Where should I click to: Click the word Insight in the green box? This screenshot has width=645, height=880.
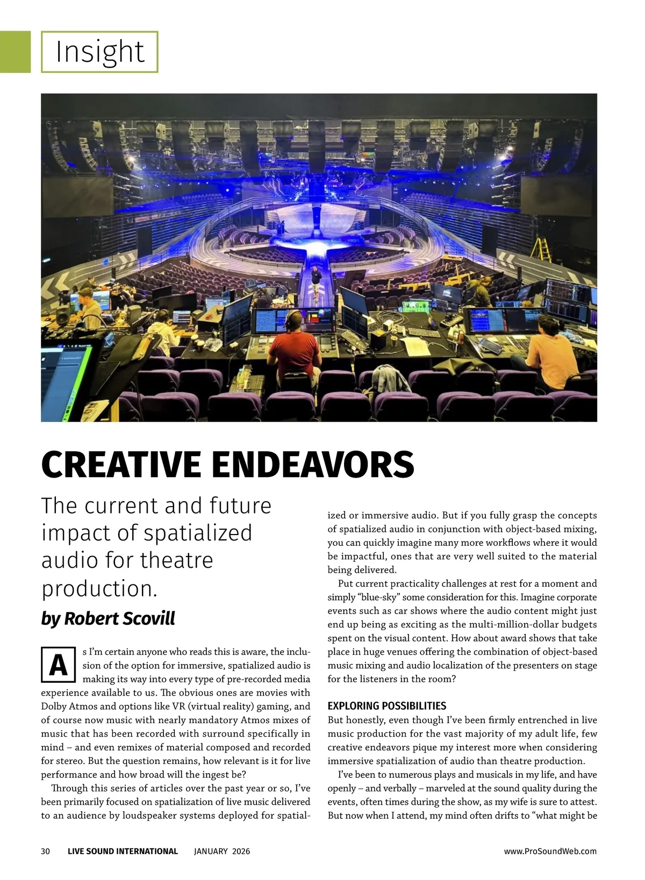tap(100, 52)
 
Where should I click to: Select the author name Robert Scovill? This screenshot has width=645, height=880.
tap(119, 618)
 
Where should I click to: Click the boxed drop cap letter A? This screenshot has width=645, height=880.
tap(58, 665)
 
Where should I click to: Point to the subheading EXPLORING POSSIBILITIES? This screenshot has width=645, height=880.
tap(386, 706)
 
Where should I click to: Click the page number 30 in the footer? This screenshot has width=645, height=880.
tap(46, 851)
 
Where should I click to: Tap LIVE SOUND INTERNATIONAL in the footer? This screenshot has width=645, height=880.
tap(123, 851)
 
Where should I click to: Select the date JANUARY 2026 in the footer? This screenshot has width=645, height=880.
tap(221, 851)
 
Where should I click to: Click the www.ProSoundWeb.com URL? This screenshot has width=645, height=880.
tap(550, 851)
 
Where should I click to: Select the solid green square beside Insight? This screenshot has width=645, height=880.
tap(15, 52)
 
